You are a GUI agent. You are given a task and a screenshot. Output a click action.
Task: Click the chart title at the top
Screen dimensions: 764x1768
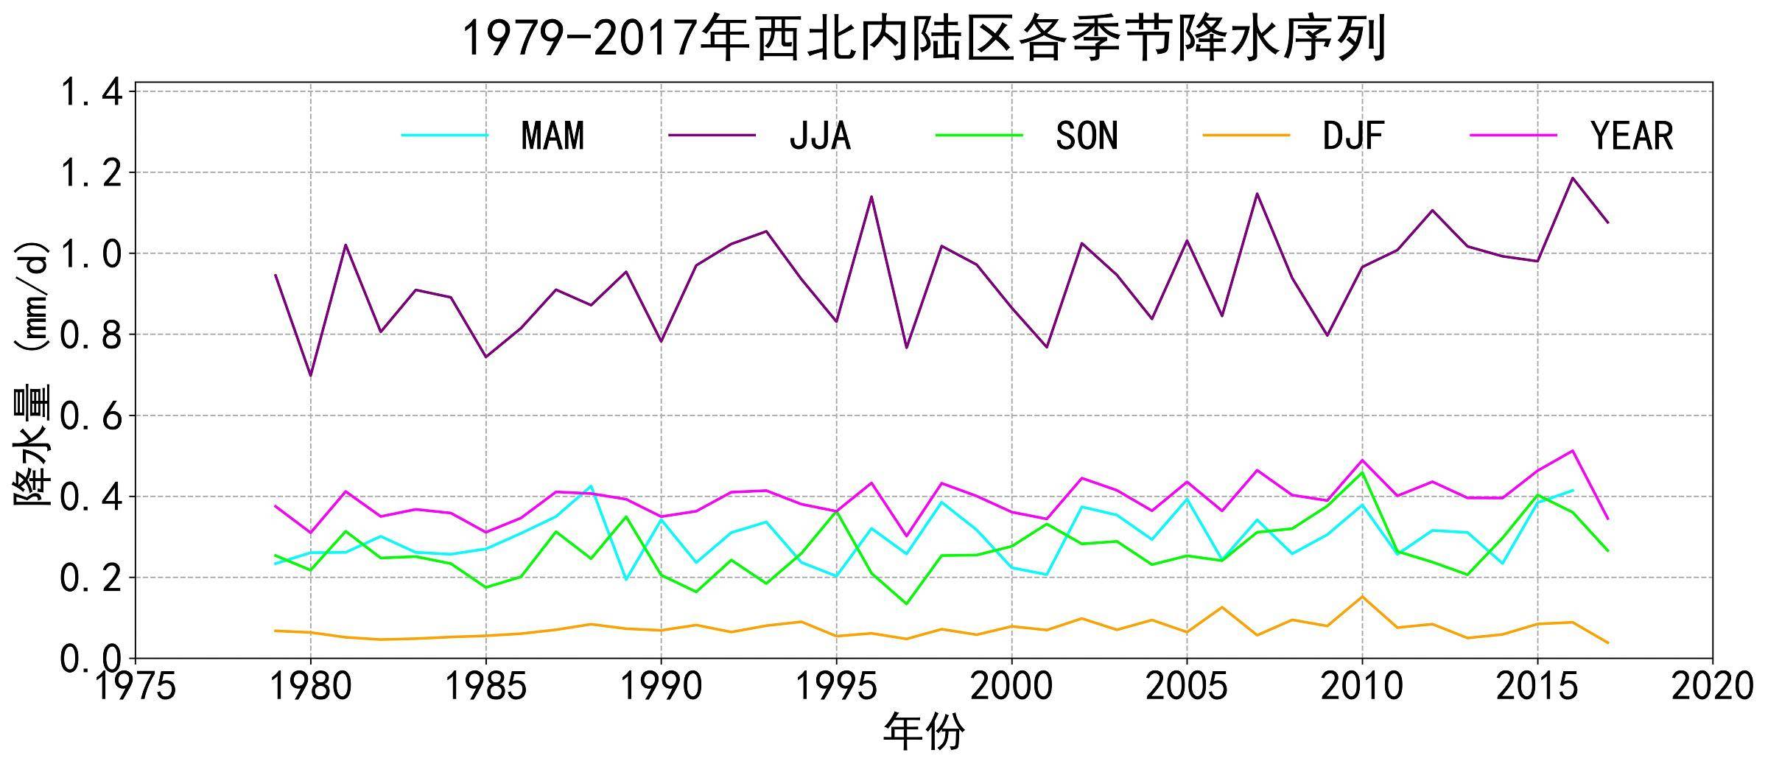pos(924,38)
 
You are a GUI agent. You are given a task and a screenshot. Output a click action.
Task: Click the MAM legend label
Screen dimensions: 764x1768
pos(552,136)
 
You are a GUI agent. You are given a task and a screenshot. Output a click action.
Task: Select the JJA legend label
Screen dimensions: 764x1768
pos(820,136)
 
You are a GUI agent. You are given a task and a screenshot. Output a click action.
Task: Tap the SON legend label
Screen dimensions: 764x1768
pos(1087,136)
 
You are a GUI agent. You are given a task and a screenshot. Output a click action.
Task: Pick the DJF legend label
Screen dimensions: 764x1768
pos(1353,136)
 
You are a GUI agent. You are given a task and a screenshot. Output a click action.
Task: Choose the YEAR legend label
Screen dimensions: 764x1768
pos(1632,136)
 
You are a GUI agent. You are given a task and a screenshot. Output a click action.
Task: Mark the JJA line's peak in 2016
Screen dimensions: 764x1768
pos(1572,178)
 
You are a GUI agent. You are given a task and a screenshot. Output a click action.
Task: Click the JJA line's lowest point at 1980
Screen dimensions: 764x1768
pos(310,376)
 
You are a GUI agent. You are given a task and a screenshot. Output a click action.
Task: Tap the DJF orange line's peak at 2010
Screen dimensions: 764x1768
pos(1362,597)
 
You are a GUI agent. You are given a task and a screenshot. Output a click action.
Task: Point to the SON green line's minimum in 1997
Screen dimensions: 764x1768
pos(906,604)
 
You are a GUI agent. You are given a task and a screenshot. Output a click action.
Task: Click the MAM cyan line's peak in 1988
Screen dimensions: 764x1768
pos(591,486)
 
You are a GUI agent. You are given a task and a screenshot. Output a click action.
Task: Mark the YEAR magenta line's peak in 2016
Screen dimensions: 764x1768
pos(1572,450)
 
